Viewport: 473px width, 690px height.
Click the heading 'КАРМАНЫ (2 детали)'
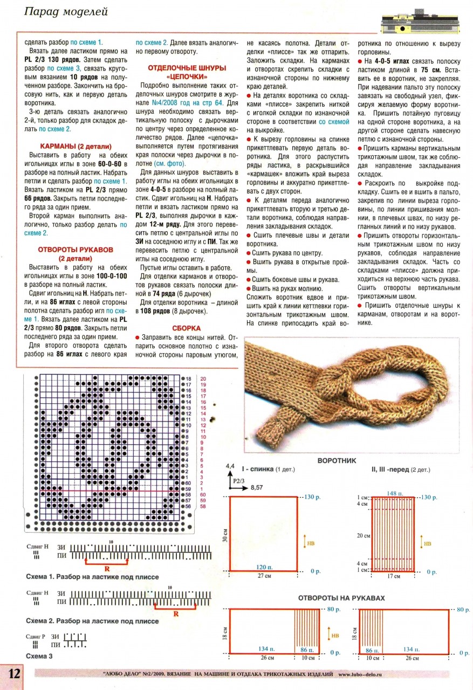76,146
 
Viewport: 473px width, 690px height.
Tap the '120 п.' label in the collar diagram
263,567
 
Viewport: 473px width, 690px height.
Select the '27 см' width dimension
264,576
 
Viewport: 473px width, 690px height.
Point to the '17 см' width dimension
394,576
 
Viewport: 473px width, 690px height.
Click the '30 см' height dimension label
223,534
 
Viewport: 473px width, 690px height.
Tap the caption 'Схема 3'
39,656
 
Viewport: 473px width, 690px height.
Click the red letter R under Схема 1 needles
108,568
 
